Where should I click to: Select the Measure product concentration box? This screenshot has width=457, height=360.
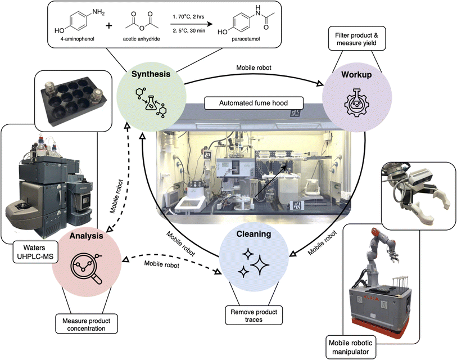click(x=87, y=323)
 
